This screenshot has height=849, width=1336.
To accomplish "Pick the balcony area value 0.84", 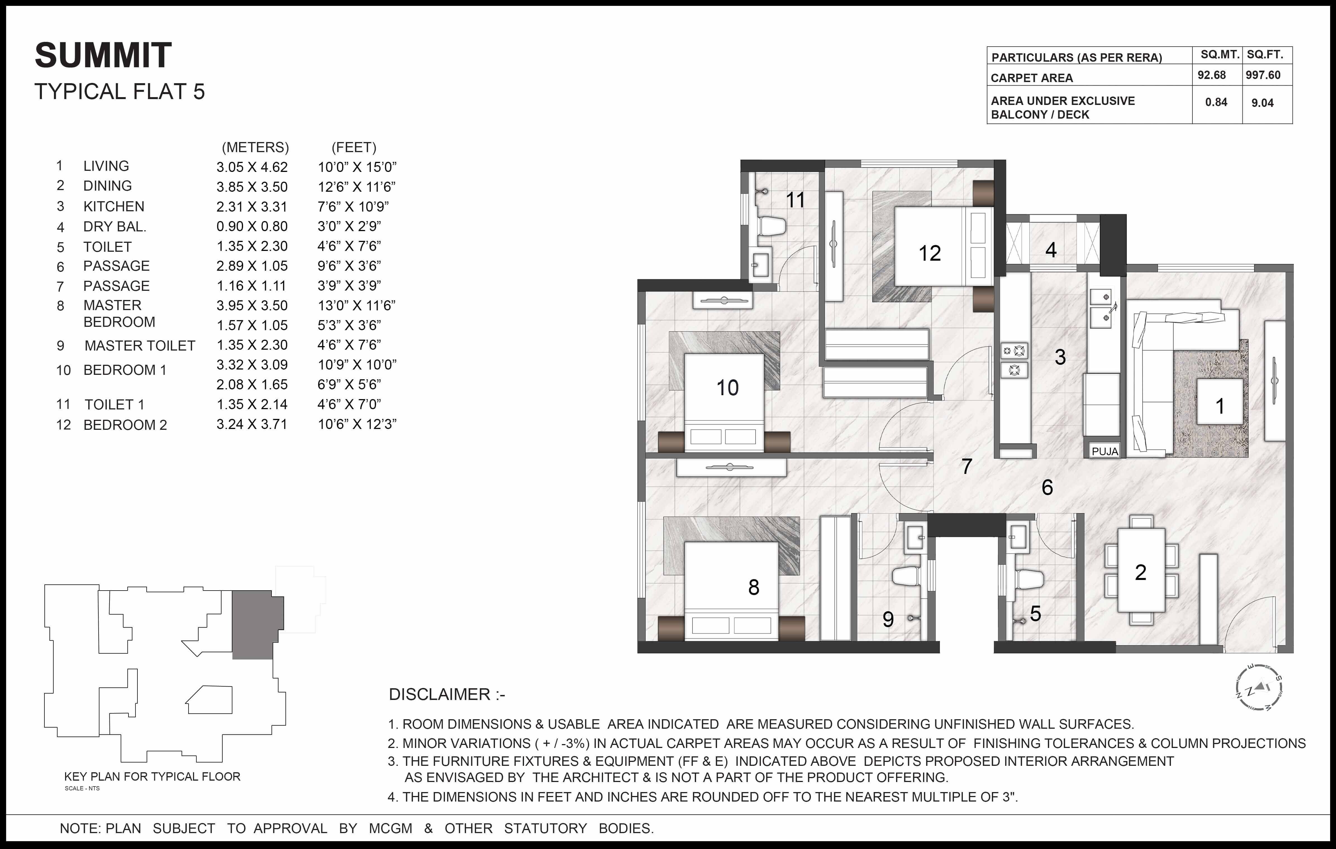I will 1216,103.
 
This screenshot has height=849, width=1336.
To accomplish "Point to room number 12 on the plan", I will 929,253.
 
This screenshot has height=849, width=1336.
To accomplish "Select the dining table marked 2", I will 1140,571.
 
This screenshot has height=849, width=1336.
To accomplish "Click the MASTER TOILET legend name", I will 140,346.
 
